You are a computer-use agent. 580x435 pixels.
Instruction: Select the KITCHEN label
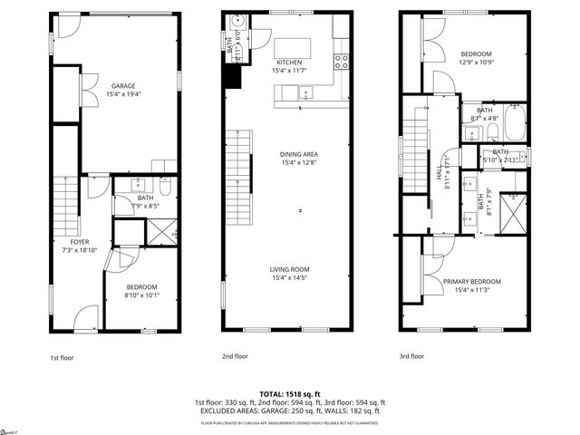[x=289, y=62]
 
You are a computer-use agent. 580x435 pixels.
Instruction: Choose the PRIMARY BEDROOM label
[x=471, y=281]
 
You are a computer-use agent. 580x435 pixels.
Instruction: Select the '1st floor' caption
[x=62, y=357]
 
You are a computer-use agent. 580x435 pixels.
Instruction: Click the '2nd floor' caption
[x=235, y=356]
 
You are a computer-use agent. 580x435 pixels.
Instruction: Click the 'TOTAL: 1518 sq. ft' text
[x=290, y=394]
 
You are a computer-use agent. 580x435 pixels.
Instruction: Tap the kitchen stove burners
[x=342, y=62]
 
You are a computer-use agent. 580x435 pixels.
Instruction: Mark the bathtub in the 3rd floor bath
[x=515, y=124]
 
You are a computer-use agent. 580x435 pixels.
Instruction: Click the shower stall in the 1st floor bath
[x=162, y=232]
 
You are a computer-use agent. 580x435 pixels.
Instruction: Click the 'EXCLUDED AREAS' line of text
[x=290, y=411]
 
